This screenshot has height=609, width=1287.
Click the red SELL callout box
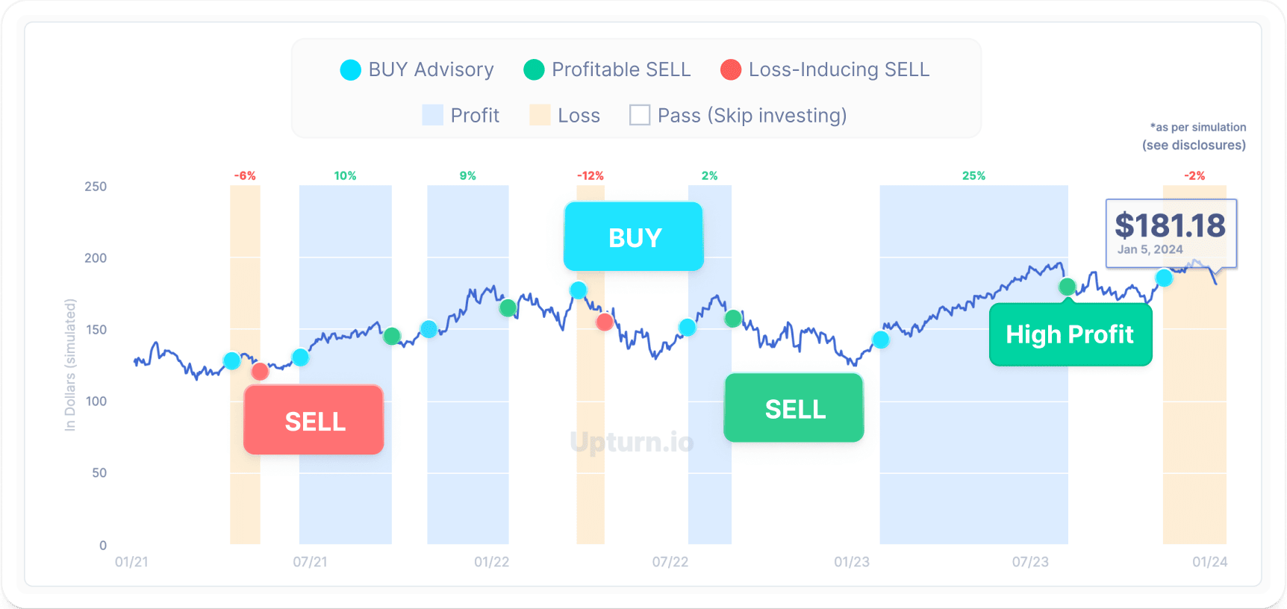(x=314, y=420)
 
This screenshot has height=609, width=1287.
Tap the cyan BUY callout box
(x=634, y=237)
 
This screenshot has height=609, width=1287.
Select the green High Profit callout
(x=1070, y=334)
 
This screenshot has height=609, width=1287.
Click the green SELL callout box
(x=794, y=408)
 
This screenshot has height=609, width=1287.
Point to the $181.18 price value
(x=1170, y=225)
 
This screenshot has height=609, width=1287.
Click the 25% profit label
(x=973, y=176)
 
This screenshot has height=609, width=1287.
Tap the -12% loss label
(x=590, y=176)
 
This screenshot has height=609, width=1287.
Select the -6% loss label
(x=245, y=176)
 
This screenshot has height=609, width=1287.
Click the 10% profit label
(x=345, y=176)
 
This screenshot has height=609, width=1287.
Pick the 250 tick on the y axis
(x=96, y=187)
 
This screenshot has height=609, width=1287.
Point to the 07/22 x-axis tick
(x=670, y=562)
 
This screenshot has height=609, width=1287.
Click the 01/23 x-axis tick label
(x=852, y=562)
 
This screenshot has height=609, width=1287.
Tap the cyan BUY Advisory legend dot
(x=351, y=70)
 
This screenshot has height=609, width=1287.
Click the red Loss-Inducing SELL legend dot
(x=731, y=70)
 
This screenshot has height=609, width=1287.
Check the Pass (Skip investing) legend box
(x=640, y=115)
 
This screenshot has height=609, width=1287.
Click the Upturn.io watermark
(x=632, y=442)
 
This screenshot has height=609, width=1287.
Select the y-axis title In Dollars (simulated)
(x=70, y=365)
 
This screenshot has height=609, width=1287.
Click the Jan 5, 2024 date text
(x=1150, y=249)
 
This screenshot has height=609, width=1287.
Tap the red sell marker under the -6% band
(x=260, y=371)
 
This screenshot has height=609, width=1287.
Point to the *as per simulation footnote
(x=1197, y=128)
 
